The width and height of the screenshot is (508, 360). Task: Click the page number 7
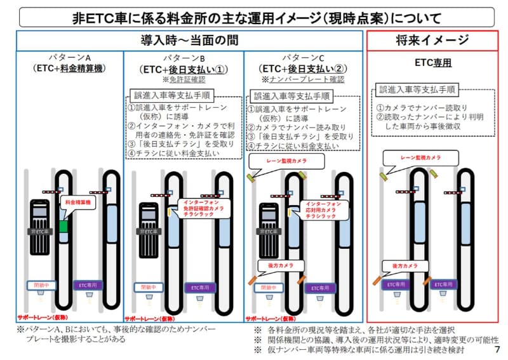(497, 350)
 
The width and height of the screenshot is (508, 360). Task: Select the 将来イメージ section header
(434, 41)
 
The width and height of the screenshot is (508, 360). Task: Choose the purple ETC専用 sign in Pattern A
(86, 286)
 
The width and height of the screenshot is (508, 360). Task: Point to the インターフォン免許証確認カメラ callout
(198, 208)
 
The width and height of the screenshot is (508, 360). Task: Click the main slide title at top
(254, 14)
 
